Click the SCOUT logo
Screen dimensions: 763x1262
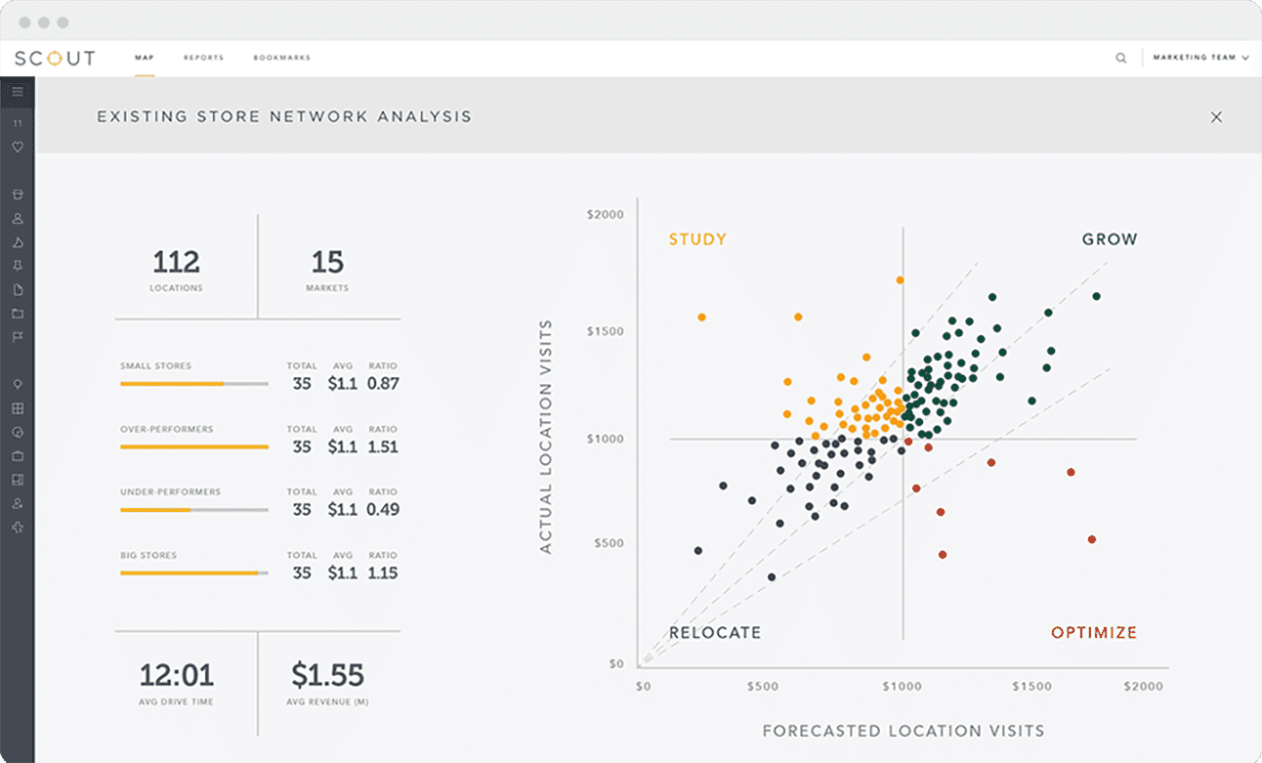[x=56, y=58]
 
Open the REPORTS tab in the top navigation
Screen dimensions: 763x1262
[x=203, y=58]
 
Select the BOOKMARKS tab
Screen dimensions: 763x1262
[x=281, y=58]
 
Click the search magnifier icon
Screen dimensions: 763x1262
[x=1120, y=58]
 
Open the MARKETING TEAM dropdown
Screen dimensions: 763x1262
[x=1199, y=58]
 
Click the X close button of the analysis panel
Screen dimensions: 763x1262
[x=1216, y=117]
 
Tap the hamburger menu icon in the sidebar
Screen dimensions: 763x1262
[x=18, y=92]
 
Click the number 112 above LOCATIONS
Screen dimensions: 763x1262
[x=177, y=262]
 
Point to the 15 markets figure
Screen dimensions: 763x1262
[x=327, y=262]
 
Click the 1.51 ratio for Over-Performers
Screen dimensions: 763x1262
[x=383, y=446]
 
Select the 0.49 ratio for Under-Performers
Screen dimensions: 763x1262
[x=383, y=509]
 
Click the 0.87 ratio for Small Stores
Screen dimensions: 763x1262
[x=383, y=384]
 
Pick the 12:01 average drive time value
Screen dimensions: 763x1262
[x=177, y=675]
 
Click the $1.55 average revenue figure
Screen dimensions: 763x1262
[x=327, y=675]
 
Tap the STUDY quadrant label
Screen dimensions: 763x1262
[x=696, y=239]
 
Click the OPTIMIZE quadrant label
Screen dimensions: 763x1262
[x=1094, y=633]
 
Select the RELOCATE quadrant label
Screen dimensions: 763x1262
[x=714, y=633]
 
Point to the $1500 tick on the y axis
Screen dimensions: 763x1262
[x=605, y=332]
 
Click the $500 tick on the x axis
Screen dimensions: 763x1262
[x=763, y=687]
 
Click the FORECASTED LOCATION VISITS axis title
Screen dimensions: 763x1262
[x=903, y=731]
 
